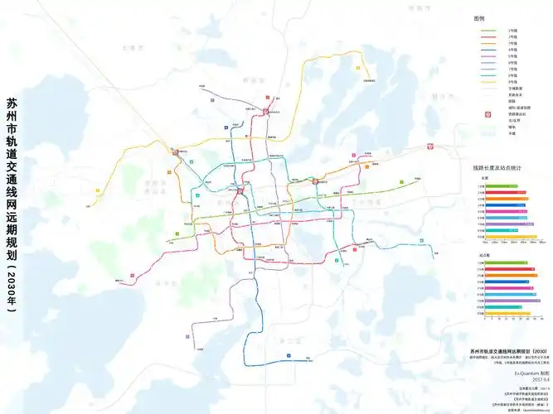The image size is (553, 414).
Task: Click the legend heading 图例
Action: pos(478,17)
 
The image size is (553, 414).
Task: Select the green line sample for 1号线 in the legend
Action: pos(489,31)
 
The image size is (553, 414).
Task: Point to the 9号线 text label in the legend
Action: pos(514,84)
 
